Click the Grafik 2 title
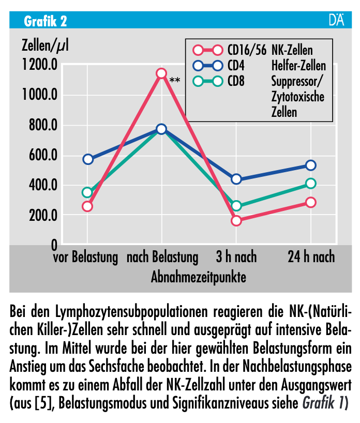[x=46, y=21]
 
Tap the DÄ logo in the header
[x=336, y=21]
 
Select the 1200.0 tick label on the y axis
[x=39, y=65]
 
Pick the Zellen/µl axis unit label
[x=45, y=46]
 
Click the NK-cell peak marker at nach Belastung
[x=161, y=73]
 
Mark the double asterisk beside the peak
[x=174, y=80]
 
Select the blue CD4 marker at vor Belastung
[x=87, y=159]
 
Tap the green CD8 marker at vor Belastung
[x=87, y=192]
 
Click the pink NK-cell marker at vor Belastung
[x=87, y=206]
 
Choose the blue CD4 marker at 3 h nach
[x=236, y=179]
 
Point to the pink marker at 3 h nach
[x=236, y=221]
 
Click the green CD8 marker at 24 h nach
[x=311, y=183]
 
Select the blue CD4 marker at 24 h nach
[x=311, y=165]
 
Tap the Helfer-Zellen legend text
[x=298, y=66]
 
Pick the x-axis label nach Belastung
[x=162, y=257]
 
